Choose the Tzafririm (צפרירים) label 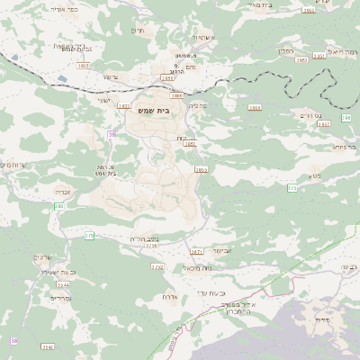point(60,297)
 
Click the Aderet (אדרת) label point(170,296)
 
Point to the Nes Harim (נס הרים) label point(309,116)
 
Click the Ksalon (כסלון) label point(289,51)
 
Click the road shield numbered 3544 point(63,284)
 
